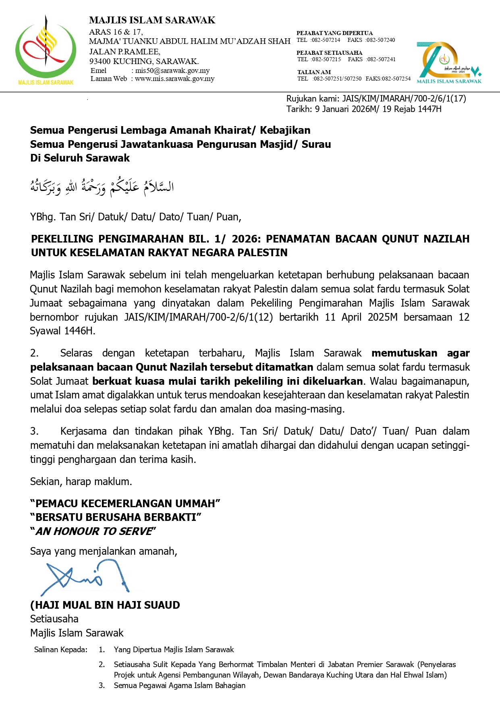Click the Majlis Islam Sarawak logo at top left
(46, 50)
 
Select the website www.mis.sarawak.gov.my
(174, 79)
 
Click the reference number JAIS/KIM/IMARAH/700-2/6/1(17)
(404, 99)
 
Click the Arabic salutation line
(102, 187)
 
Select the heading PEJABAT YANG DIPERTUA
(334, 33)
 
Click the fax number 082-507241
(381, 59)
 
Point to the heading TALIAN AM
(314, 72)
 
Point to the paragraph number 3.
(34, 431)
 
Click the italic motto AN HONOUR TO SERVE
(94, 531)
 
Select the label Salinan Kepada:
(60, 649)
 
